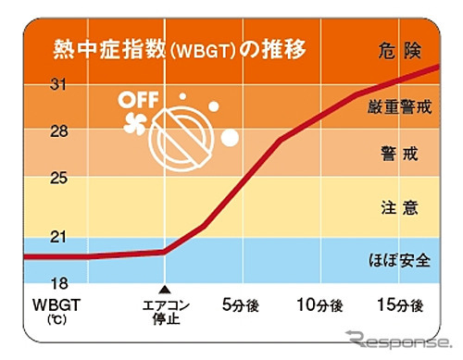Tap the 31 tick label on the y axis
(37, 85)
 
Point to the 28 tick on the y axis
(37, 131)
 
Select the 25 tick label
(37, 178)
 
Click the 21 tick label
(37, 238)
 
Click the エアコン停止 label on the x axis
(164, 310)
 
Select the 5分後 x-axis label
(244, 304)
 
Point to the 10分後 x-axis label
(320, 304)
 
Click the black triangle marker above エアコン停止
(164, 288)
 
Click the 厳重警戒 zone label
(399, 108)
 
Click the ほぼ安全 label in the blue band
(399, 259)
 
